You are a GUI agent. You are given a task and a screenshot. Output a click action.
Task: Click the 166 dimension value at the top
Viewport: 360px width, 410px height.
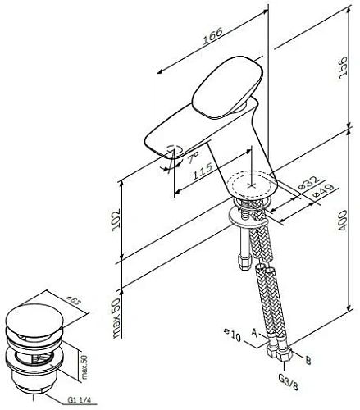tap(215, 38)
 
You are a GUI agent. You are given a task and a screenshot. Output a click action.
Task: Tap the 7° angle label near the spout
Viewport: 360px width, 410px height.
tap(193, 156)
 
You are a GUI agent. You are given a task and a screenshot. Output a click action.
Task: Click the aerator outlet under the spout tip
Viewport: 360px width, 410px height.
tap(173, 150)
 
